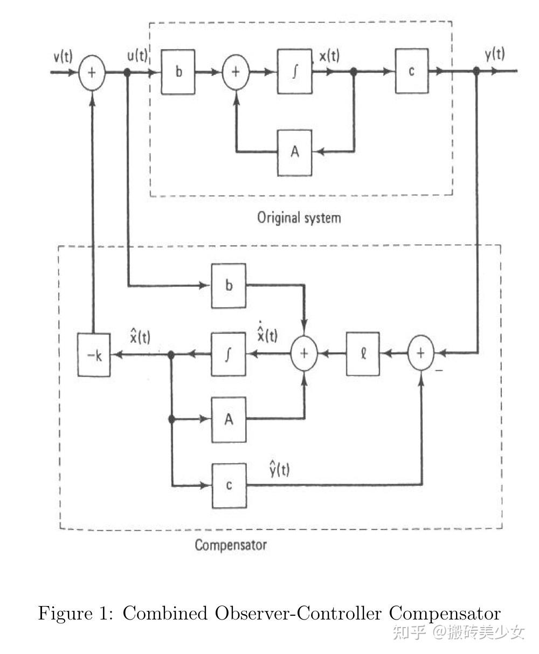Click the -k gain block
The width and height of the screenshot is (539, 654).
[94, 354]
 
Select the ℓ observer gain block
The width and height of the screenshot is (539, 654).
[363, 354]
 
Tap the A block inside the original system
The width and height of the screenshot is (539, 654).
[294, 153]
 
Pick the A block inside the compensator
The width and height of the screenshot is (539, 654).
[229, 419]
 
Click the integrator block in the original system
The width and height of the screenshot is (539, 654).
[294, 71]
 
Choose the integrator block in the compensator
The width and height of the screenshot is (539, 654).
[229, 354]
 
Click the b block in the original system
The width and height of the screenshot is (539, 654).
[178, 72]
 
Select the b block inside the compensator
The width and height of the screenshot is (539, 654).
[229, 286]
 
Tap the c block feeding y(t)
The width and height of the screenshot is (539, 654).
[412, 71]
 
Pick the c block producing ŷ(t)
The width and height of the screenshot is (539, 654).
[229, 485]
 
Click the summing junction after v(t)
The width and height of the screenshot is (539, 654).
[92, 73]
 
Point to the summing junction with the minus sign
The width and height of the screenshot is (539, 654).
[420, 353]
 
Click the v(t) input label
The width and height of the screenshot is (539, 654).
[63, 57]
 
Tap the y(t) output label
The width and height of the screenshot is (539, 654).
[495, 54]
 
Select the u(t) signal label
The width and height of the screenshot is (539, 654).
[137, 56]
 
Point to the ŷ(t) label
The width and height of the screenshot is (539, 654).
[279, 469]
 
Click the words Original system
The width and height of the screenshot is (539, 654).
[299, 218]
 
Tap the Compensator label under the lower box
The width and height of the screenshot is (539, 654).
[231, 545]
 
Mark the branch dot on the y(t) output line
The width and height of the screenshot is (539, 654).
[476, 71]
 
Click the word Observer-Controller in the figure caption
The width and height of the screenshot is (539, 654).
[298, 613]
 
